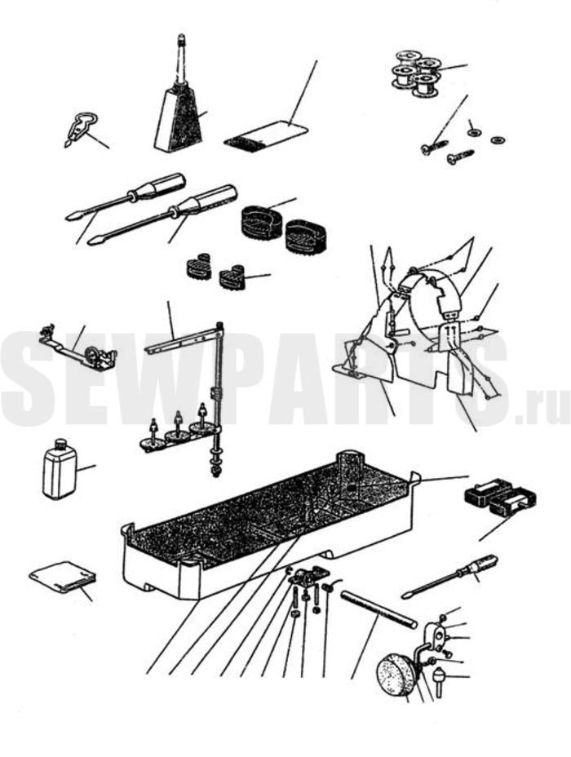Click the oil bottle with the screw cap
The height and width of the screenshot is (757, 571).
pos(60,468)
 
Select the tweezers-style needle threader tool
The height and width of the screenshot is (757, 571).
pos(80,127)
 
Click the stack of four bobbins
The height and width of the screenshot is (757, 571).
pos(414,73)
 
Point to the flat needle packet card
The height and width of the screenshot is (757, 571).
pos(267,135)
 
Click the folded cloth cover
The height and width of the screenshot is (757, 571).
pos(63,578)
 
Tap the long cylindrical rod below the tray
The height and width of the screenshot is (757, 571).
pos(378,609)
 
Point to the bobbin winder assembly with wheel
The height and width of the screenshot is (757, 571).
pos(78,350)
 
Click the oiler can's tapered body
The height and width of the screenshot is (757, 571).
pos(179,118)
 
